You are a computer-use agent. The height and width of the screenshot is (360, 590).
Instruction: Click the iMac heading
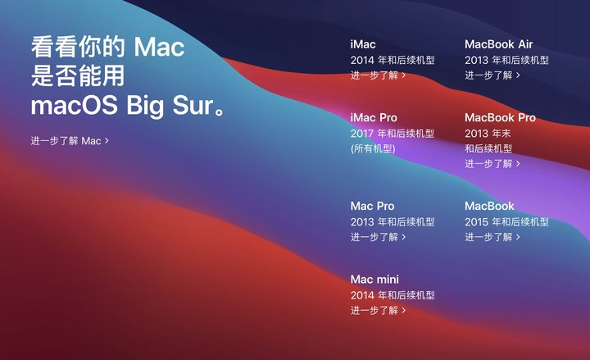coord(363,44)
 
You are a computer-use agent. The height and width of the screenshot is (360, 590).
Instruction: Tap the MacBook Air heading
coord(498,44)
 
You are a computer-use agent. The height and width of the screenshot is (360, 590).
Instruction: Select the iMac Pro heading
coord(374,118)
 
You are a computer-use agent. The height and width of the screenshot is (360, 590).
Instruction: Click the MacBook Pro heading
coord(500,118)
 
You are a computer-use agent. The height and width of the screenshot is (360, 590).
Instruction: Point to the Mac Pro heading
coord(372,207)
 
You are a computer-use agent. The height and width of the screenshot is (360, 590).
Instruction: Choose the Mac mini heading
coord(374,280)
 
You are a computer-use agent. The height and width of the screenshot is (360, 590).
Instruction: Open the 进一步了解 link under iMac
coord(378,75)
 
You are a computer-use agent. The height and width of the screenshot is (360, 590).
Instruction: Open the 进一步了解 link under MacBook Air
coord(492,75)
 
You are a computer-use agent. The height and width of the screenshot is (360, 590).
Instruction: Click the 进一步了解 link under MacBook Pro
coord(492,164)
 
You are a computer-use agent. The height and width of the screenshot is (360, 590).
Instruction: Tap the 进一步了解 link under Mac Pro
coord(378,237)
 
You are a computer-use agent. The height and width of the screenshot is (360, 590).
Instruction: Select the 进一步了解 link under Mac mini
coord(378,311)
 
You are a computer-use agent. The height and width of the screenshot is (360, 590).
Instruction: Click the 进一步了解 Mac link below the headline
coord(70,141)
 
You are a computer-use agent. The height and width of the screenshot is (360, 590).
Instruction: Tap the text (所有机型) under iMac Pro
coord(373,148)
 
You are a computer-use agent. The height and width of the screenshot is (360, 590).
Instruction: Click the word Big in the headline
coord(145,106)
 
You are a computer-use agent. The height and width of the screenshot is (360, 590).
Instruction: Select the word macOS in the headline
coord(74,106)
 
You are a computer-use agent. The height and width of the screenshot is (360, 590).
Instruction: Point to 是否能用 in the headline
coord(78,76)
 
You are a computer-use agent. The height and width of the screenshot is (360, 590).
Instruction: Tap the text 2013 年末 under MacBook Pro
coord(488,134)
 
